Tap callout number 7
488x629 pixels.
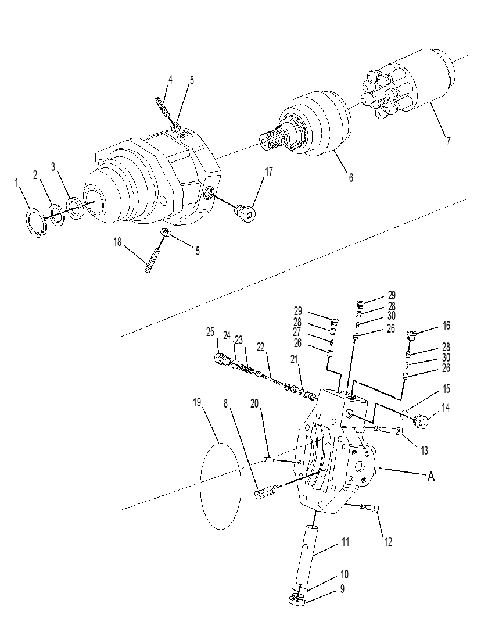pyautogui.click(x=448, y=141)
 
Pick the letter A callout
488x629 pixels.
pyautogui.click(x=430, y=476)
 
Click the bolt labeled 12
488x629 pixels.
pyautogui.click(x=371, y=509)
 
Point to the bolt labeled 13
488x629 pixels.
pyautogui.click(x=389, y=431)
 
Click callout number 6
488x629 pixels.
pyautogui.click(x=351, y=178)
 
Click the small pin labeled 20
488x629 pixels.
pyautogui.click(x=269, y=459)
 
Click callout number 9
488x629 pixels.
pyautogui.click(x=342, y=589)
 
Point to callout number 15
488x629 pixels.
pyautogui.click(x=446, y=389)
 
